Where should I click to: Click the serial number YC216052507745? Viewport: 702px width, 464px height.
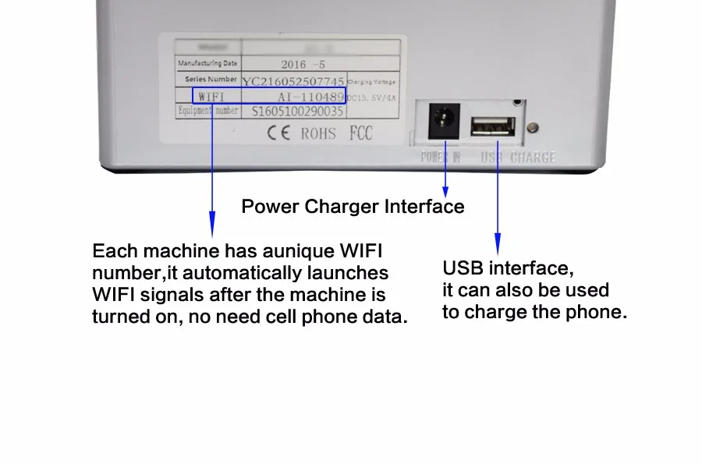click(292, 81)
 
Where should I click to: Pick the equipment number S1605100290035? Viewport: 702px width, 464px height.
click(296, 112)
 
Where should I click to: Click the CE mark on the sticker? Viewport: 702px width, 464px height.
click(278, 133)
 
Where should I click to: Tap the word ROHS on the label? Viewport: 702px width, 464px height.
click(318, 134)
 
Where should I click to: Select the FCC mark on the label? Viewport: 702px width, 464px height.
click(360, 133)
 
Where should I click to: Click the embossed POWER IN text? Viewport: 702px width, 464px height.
click(441, 157)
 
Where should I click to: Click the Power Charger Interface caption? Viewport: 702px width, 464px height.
click(353, 207)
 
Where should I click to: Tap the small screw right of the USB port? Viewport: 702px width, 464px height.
click(531, 127)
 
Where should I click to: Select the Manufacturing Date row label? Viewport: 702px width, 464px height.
click(207, 63)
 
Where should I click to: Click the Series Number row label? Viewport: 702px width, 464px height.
click(211, 80)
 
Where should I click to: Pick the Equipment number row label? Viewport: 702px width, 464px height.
click(207, 112)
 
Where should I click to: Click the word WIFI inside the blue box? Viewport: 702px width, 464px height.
click(212, 97)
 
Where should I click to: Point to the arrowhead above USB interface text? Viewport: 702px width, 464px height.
click(497, 247)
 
